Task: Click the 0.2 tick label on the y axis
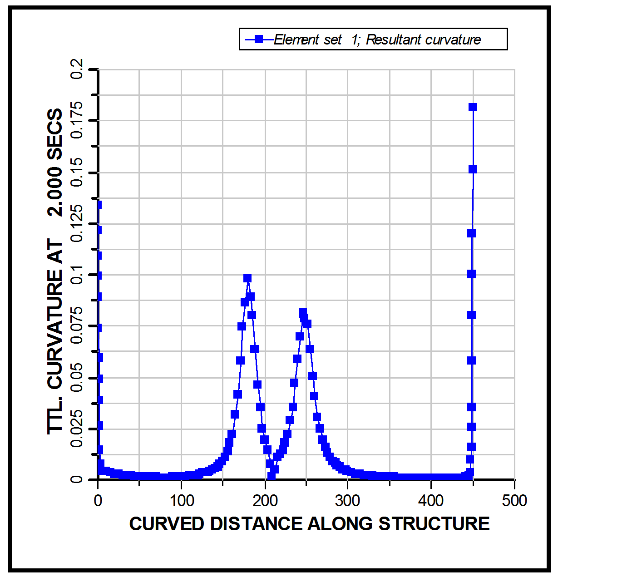[x=77, y=69]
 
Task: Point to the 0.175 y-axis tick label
[x=77, y=120]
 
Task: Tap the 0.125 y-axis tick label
[x=77, y=223]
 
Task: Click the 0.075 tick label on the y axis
[x=77, y=325]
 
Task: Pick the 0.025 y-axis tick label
[x=77, y=428]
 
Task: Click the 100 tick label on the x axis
[x=182, y=501]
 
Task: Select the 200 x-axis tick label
[x=265, y=501]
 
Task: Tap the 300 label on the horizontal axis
[x=348, y=501]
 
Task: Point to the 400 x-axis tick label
[x=431, y=501]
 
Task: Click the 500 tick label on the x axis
[x=514, y=501]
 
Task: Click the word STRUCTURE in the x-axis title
[x=434, y=524]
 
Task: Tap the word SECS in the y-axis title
[x=55, y=134]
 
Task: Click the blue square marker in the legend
[x=259, y=39]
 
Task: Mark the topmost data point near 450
[x=473, y=107]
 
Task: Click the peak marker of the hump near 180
[x=247, y=278]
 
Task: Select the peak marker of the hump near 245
[x=303, y=312]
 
